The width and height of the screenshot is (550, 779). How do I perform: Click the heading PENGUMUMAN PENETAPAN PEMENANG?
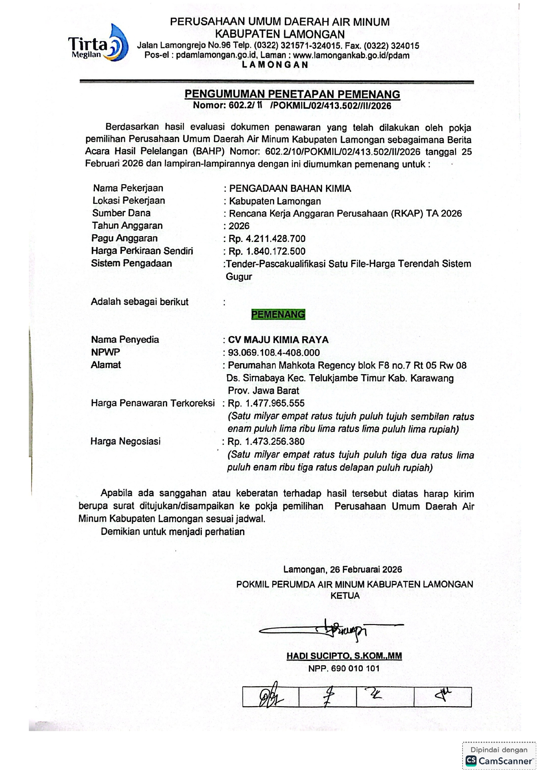pos(292,94)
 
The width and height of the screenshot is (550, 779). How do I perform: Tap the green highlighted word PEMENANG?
pos(278,315)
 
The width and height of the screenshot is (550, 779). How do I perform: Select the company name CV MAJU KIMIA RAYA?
pos(278,340)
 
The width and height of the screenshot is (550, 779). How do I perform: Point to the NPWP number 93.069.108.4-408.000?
pos(274,353)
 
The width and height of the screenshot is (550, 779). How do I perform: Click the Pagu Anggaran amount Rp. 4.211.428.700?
pos(267,239)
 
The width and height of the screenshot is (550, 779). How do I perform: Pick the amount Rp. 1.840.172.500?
pos(267,251)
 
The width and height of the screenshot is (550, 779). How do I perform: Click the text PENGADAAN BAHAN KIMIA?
pos(290,188)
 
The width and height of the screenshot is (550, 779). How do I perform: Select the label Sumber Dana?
pos(122,213)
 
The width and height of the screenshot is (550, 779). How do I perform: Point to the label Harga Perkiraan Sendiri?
pos(142,251)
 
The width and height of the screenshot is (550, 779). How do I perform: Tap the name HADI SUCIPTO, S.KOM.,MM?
pos(344,656)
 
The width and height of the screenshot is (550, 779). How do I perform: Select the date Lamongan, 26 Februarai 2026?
pos(342,569)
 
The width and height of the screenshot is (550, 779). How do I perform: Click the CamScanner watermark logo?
pos(499,761)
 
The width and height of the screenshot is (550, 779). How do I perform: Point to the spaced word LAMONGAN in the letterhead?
pos(275,65)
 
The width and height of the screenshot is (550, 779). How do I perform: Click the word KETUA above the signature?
pos(345,596)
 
